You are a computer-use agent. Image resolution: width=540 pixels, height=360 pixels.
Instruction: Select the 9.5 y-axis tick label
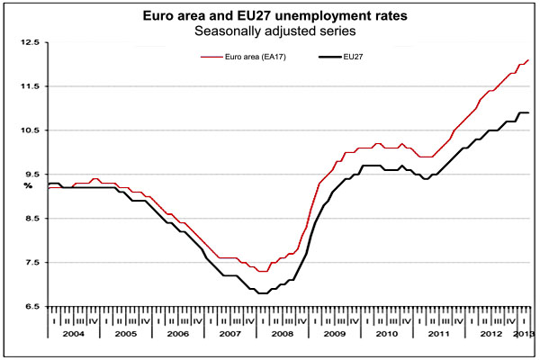coord(31,175)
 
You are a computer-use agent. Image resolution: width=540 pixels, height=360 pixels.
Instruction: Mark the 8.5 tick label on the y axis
coord(31,219)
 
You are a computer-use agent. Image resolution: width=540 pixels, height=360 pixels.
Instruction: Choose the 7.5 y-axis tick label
coord(31,263)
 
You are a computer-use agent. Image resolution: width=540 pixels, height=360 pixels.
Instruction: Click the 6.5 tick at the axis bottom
coord(31,307)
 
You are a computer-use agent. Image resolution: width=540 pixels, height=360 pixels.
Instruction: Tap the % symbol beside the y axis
coord(28,185)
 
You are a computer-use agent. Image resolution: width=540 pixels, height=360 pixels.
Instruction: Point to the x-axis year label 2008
coord(282,334)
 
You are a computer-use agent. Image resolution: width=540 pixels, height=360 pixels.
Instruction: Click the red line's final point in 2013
coord(528,59)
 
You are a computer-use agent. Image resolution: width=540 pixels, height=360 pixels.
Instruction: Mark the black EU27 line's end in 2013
coord(528,112)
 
